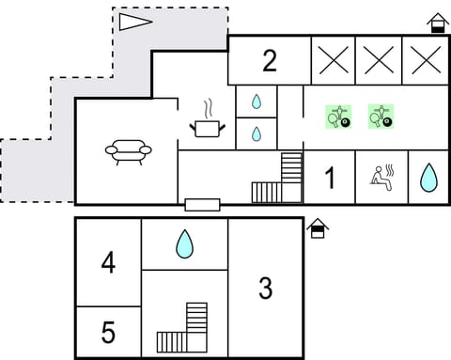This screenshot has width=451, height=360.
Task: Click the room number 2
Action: (270, 62)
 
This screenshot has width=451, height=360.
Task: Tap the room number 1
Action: (330, 178)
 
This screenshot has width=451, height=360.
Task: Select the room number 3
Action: (266, 288)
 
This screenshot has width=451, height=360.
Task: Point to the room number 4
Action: (108, 262)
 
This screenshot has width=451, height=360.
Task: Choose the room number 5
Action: (108, 333)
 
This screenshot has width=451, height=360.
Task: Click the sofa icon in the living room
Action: (127, 151)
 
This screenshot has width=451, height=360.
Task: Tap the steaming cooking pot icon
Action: (207, 122)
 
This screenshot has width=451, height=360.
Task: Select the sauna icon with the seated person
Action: (381, 177)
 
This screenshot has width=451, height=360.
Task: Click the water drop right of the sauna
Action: (428, 177)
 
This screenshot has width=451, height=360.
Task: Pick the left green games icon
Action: (337, 116)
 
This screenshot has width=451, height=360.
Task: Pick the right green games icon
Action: (381, 116)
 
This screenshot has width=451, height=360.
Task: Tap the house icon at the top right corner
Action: (437, 23)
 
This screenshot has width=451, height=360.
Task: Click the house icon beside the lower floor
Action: (318, 228)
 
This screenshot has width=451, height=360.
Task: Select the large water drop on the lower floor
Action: (185, 244)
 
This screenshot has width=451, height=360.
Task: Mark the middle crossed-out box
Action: (379, 61)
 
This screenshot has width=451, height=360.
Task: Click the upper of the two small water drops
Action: (257, 102)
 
